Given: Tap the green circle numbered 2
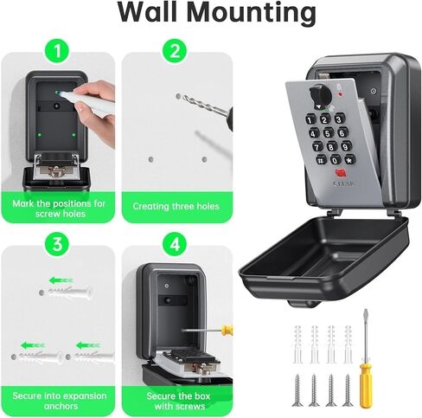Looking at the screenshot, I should [x=176, y=52].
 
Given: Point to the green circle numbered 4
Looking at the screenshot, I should [x=176, y=245].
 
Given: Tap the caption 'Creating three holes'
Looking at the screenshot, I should [x=176, y=207].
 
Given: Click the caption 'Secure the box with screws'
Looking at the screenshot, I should [x=176, y=401].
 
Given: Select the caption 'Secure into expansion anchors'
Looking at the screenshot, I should [x=59, y=401].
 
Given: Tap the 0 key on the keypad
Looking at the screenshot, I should [x=335, y=159].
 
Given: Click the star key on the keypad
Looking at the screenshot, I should [x=322, y=160].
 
